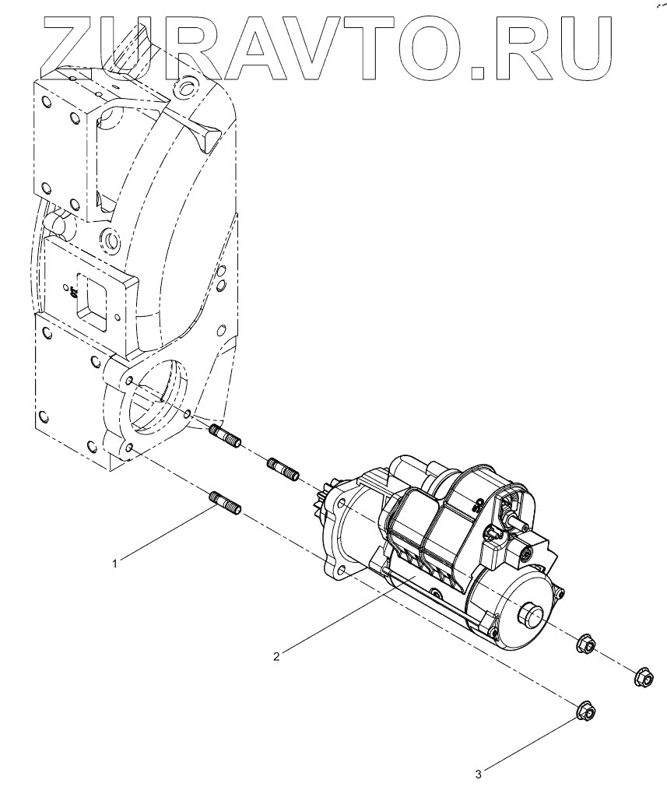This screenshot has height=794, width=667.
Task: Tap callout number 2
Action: tap(276, 655)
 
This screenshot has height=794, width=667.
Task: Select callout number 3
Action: tap(479, 774)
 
